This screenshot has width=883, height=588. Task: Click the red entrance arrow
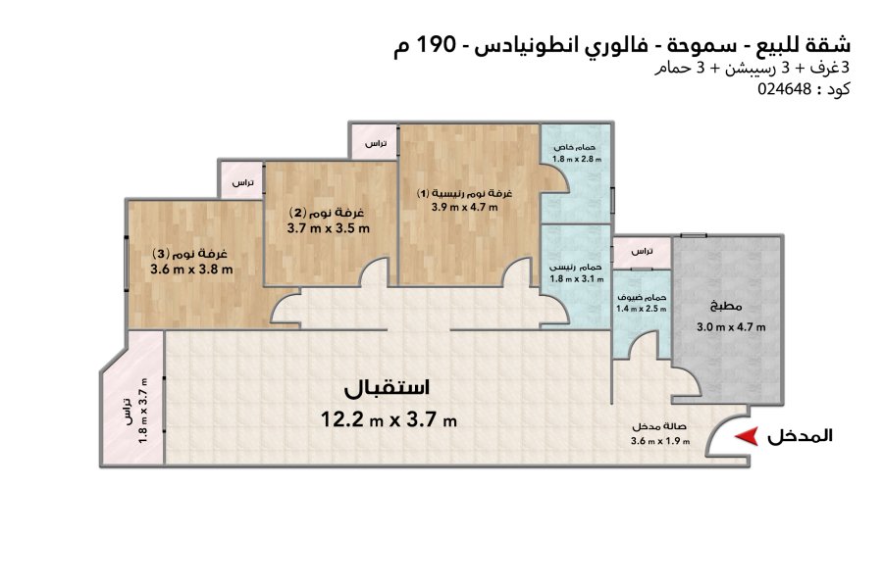pos(747,437)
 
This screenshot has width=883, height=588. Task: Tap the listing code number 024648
pos(785,89)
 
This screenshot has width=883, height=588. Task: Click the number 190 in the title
pos(436,44)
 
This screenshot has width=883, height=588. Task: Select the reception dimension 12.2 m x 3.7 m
pos(389,419)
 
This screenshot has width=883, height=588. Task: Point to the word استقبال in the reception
pos(387,388)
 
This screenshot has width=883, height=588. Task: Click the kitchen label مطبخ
pos(726,307)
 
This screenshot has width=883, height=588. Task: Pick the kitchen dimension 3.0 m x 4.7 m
pos(731,327)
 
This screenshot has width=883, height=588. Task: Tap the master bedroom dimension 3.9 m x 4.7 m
pos(465,207)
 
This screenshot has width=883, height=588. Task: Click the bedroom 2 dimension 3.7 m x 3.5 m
pos(329,228)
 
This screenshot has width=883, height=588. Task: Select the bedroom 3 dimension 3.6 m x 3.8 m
pos(191,269)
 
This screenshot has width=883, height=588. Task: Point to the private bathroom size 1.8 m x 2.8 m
pos(577,159)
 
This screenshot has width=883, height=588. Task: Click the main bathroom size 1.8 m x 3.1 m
pos(577,278)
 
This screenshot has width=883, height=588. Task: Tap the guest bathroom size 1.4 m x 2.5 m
pos(642,309)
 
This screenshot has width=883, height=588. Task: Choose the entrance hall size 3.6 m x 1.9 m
pos(660,441)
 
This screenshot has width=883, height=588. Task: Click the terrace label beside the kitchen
pos(642,251)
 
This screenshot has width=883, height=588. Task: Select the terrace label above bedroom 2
pos(242,183)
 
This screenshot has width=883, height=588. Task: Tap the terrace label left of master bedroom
pos(376,143)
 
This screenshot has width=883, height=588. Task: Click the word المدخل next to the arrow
pos(800,436)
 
